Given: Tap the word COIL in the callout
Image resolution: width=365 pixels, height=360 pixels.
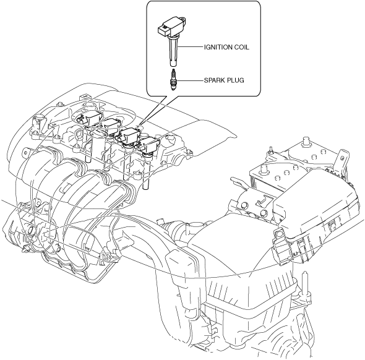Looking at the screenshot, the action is tap(241, 47).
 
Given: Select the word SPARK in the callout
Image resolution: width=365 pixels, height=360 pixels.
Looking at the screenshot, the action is tap(213, 80).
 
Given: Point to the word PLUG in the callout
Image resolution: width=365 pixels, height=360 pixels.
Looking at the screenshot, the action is tap(234, 80).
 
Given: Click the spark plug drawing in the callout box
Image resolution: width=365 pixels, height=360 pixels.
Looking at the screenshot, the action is tap(173, 80).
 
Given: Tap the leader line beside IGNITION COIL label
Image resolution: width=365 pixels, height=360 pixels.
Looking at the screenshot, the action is tap(190, 47).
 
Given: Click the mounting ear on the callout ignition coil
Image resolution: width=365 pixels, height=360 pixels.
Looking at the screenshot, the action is tap(183, 20).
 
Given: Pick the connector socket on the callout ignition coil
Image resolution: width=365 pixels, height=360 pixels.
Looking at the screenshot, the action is tap(163, 30).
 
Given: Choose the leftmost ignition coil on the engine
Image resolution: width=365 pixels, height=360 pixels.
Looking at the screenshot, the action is tap(90, 118).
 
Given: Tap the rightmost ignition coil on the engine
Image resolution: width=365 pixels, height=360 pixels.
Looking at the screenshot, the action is tap(148, 145).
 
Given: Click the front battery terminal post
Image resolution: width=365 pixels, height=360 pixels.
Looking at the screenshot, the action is tap(264, 169).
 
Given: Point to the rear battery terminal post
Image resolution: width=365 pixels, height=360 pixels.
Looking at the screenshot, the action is tap(305, 142).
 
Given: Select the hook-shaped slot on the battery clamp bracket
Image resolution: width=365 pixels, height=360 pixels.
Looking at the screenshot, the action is tap(262, 200).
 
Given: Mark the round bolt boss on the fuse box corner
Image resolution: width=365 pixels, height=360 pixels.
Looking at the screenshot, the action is tap(278, 233).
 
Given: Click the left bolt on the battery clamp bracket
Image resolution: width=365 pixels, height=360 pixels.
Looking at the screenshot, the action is tap(244, 205).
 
